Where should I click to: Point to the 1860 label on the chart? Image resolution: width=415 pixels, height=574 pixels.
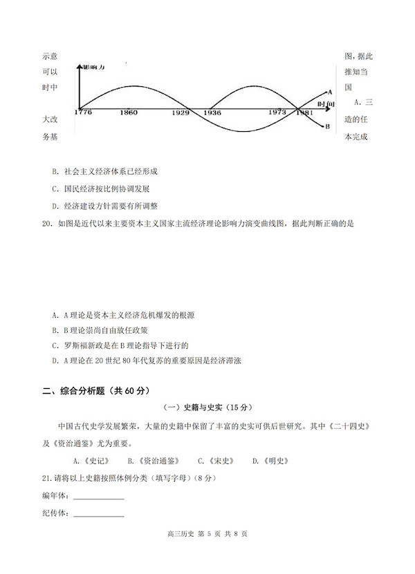tap(128, 112)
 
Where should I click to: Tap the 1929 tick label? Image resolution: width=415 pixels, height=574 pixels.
tap(181, 112)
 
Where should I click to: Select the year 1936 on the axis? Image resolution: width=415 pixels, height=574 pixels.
tap(212, 112)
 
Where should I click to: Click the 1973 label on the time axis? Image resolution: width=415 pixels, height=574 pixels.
tap(278, 112)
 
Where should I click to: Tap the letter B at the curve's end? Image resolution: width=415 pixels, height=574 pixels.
tap(327, 126)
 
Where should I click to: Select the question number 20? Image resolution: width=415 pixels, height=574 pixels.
tap(46, 224)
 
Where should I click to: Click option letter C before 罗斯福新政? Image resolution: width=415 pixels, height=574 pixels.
tap(55, 345)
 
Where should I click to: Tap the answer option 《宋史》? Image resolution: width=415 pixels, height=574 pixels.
tap(215, 461)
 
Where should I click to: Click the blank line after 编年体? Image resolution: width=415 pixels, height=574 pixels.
tap(99, 497)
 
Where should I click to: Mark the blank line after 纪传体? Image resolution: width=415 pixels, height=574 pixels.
tap(99, 515)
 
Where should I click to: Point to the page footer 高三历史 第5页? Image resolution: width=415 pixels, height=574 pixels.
tap(207, 553)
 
